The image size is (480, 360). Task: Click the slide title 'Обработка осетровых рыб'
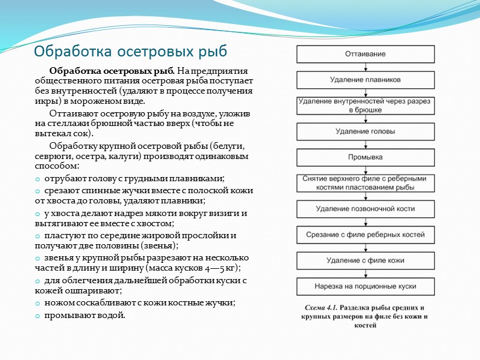tap(131, 50)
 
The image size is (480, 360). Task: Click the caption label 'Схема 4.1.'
tap(323, 307)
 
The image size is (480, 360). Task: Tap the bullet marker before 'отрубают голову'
tap(38, 179)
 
